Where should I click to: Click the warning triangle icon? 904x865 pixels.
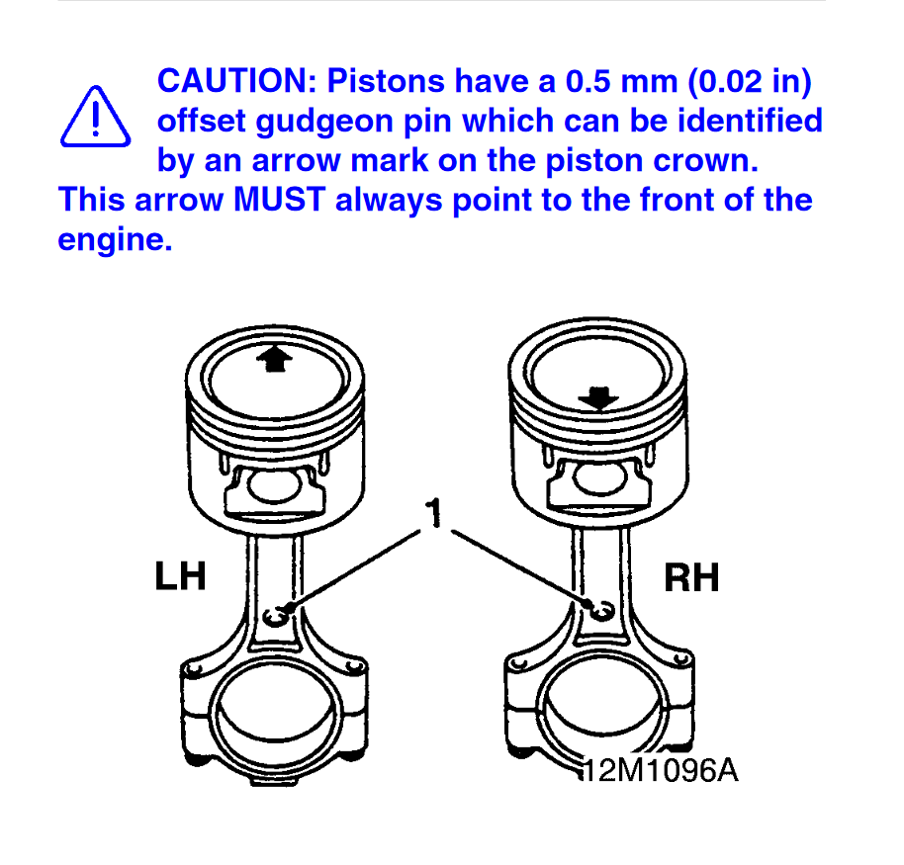96,117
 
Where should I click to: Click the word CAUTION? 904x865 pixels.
237,81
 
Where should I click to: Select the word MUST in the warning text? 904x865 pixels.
280,200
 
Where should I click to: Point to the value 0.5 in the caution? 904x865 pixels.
588,81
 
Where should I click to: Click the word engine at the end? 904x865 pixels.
115,240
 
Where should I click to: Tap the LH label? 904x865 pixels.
180,575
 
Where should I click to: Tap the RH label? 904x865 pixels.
691,577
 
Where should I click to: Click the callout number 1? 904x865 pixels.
433,512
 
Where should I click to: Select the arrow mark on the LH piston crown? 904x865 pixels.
274,359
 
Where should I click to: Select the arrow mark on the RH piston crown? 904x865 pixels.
598,398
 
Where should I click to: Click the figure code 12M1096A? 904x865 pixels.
660,770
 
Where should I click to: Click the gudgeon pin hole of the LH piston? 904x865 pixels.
274,486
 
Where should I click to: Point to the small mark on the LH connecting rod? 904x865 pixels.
276,617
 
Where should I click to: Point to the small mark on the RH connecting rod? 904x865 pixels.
602,611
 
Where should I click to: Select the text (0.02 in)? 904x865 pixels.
750,81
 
